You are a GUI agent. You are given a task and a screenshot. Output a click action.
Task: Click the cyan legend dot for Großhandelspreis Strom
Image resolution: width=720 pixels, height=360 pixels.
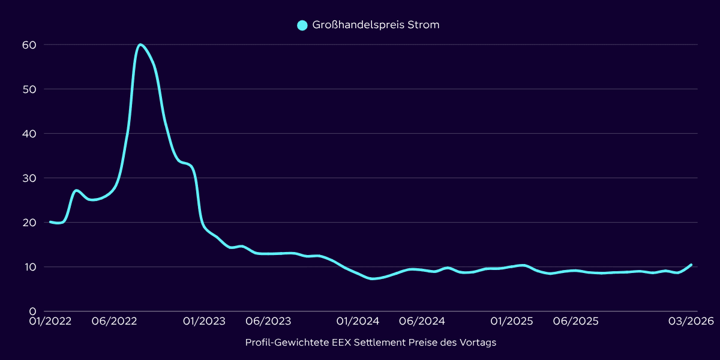click(302, 25)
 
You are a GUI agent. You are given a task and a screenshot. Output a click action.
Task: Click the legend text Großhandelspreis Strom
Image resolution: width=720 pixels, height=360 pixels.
click(376, 25)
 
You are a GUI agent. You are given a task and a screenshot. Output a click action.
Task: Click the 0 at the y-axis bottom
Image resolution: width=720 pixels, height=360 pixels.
click(33, 311)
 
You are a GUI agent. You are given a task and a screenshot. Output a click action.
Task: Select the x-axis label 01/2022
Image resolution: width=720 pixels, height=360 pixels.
click(51, 322)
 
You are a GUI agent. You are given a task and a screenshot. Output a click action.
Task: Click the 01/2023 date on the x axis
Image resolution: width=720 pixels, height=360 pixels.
click(205, 322)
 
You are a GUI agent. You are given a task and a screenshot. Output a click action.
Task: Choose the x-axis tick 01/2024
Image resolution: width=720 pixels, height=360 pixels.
click(358, 322)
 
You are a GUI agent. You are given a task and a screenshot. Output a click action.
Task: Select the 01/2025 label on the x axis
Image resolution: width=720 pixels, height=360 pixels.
click(512, 322)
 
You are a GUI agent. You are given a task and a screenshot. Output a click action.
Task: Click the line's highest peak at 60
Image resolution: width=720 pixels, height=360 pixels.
click(140, 44)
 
